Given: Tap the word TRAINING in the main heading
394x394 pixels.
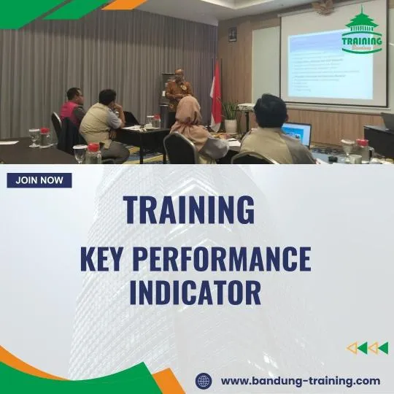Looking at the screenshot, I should click(190, 210).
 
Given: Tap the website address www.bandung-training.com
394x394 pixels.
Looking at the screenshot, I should click(300, 380).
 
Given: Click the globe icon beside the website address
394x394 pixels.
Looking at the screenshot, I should click(204, 380).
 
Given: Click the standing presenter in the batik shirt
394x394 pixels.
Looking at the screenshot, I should click(178, 95).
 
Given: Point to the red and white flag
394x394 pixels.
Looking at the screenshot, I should click(216, 91).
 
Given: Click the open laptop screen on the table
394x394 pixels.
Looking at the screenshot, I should click(297, 134).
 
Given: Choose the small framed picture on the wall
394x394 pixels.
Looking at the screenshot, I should click(232, 34).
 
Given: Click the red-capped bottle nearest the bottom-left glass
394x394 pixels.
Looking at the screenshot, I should click(93, 154).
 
